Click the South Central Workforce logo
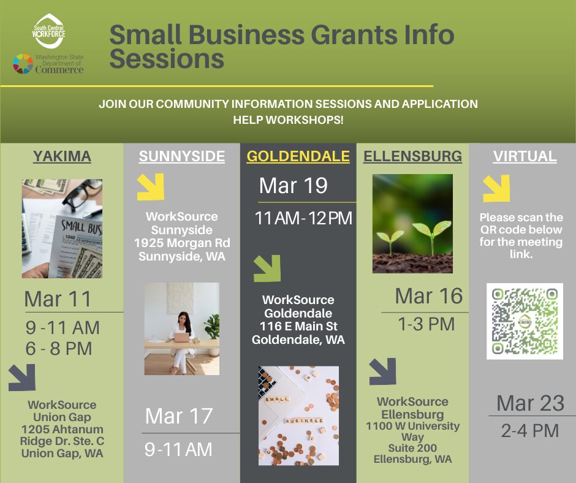click(49, 31)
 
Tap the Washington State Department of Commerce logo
click(48, 64)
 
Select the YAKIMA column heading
click(62, 156)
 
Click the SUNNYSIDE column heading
click(182, 156)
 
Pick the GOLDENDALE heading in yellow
click(298, 156)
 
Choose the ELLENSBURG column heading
click(412, 156)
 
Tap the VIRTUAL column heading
click(525, 156)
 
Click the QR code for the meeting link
click(525, 321)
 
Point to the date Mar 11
click(58, 299)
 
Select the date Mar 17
click(179, 416)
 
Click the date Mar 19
click(294, 186)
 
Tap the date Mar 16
click(429, 296)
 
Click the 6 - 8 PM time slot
click(59, 349)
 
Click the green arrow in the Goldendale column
click(267, 268)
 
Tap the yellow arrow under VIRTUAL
click(496, 188)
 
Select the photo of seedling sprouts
click(412, 223)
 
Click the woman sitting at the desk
click(181, 334)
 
